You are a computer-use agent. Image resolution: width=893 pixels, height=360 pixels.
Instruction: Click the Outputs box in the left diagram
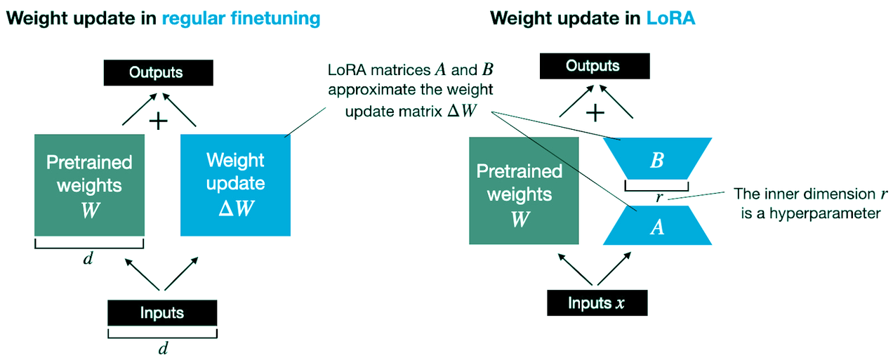(159, 72)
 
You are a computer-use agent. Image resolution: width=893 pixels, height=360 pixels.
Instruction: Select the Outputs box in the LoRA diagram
(593, 67)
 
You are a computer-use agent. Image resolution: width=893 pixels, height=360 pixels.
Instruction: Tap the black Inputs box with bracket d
(162, 313)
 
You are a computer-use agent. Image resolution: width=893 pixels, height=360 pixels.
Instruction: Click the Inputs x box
(597, 303)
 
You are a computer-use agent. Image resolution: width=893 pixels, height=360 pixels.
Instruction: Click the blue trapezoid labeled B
(657, 161)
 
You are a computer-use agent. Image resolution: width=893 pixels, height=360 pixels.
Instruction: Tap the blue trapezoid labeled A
(657, 227)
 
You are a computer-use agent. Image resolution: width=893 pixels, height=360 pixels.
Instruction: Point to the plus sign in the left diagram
(159, 121)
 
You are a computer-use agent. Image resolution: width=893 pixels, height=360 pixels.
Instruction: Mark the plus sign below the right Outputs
(595, 113)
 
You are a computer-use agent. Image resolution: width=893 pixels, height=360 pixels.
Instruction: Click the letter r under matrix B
(658, 198)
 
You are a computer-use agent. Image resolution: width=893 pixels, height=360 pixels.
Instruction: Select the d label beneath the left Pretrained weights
(88, 258)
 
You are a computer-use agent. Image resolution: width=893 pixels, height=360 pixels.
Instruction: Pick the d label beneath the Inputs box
(162, 348)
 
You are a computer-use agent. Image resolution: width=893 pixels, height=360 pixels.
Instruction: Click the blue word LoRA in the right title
(670, 18)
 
